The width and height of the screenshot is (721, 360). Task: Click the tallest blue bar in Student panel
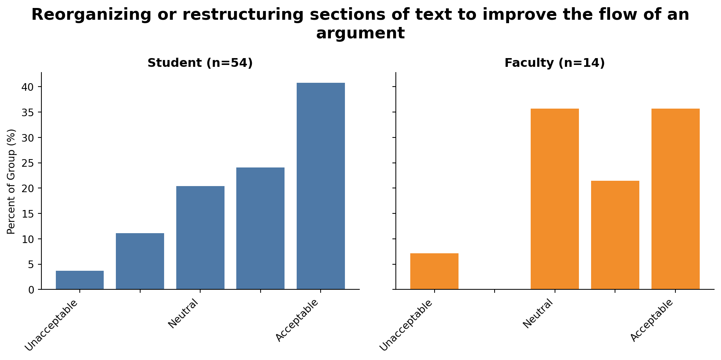tap(321, 186)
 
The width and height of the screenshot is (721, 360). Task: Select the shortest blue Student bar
tap(80, 280)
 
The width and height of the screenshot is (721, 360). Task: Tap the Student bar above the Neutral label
tap(200, 238)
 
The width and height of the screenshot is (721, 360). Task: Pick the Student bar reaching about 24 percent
tap(260, 228)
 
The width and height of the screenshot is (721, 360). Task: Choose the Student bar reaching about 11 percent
tap(140, 261)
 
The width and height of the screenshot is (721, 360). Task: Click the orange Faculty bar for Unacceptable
tap(434, 271)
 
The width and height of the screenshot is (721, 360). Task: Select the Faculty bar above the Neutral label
tap(555, 199)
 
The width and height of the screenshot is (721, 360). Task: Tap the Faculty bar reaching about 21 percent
tap(615, 235)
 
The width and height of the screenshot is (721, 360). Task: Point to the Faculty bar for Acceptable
tap(675, 199)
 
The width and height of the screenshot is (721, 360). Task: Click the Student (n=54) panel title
tap(200, 63)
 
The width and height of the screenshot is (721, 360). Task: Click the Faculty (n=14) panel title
tap(555, 63)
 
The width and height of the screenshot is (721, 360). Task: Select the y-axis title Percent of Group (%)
tap(11, 181)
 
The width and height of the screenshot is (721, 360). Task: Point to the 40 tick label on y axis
tap(28, 87)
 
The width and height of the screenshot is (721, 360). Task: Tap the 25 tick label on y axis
tap(28, 163)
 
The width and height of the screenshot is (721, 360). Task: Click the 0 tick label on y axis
tap(32, 290)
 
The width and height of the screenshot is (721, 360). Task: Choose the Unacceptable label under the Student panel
tap(52, 325)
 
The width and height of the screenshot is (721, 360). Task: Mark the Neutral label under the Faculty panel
tap(538, 313)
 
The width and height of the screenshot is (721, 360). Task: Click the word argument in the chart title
tap(360, 33)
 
